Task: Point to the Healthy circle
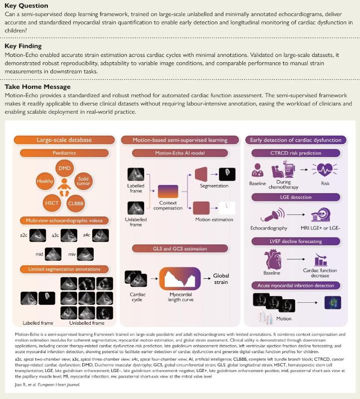[x=45, y=182]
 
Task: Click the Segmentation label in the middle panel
[x=214, y=186]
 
